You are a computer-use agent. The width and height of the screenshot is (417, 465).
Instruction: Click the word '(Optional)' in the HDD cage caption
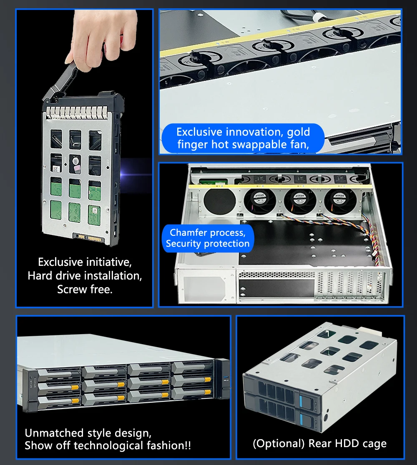[279, 443]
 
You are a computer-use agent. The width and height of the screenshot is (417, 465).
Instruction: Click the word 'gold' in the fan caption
[298, 132]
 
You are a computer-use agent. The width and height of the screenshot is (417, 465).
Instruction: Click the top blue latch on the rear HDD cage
[302, 401]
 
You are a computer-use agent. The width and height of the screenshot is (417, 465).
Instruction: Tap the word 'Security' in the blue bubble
[183, 243]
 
